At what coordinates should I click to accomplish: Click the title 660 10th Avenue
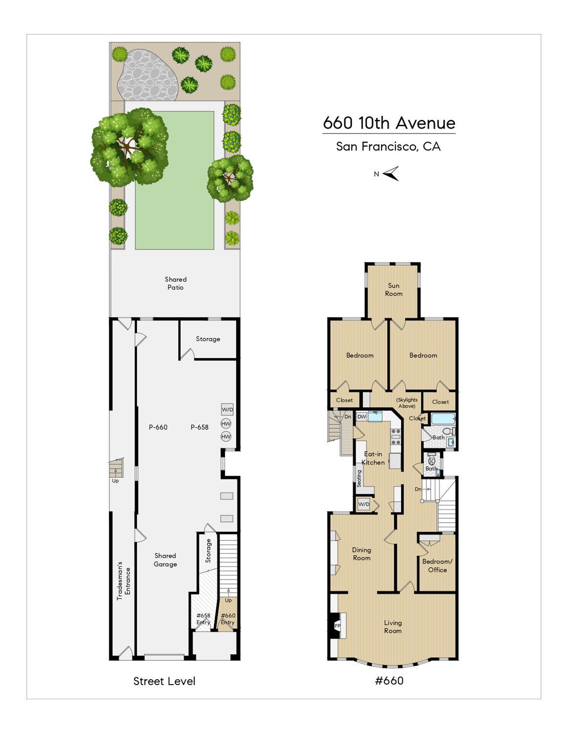(389, 123)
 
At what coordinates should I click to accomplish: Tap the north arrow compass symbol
(391, 174)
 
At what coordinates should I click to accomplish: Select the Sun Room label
(394, 289)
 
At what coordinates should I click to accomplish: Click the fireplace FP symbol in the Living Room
(337, 625)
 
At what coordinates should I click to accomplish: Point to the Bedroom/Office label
(437, 566)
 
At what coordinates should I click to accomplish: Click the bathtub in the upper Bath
(442, 419)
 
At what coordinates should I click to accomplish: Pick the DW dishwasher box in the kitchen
(362, 417)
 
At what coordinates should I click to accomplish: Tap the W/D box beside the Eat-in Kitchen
(363, 504)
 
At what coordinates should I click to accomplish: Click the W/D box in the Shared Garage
(227, 409)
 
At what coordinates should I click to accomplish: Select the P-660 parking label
(158, 427)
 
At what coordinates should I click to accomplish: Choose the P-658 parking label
(200, 427)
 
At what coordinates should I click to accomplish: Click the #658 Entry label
(203, 619)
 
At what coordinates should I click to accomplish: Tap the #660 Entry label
(228, 619)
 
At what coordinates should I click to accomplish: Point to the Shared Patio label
(176, 284)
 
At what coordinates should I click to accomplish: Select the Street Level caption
(164, 681)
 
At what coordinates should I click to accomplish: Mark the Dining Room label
(362, 554)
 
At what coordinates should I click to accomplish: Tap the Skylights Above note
(407, 403)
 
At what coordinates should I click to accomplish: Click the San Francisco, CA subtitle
(388, 146)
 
